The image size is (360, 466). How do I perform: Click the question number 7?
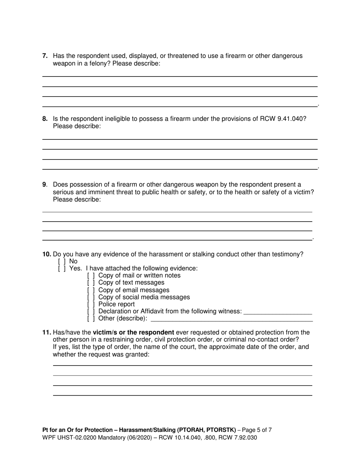[x=45, y=56]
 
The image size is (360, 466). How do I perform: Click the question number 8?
[x=45, y=119]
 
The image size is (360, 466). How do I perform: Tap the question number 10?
[x=47, y=254]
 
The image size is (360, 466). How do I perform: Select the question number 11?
[x=47, y=333]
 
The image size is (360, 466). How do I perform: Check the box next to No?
[x=62, y=261]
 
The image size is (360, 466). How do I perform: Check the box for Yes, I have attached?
[x=62, y=269]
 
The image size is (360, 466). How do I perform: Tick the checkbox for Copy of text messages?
[x=91, y=283]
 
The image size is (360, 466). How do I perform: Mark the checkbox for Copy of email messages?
[x=91, y=290]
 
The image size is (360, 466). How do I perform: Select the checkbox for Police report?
[x=91, y=304]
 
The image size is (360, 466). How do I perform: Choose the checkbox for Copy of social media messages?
[x=91, y=297]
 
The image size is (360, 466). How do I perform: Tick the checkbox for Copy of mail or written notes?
[x=91, y=275]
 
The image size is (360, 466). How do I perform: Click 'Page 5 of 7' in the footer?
[x=257, y=430]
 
